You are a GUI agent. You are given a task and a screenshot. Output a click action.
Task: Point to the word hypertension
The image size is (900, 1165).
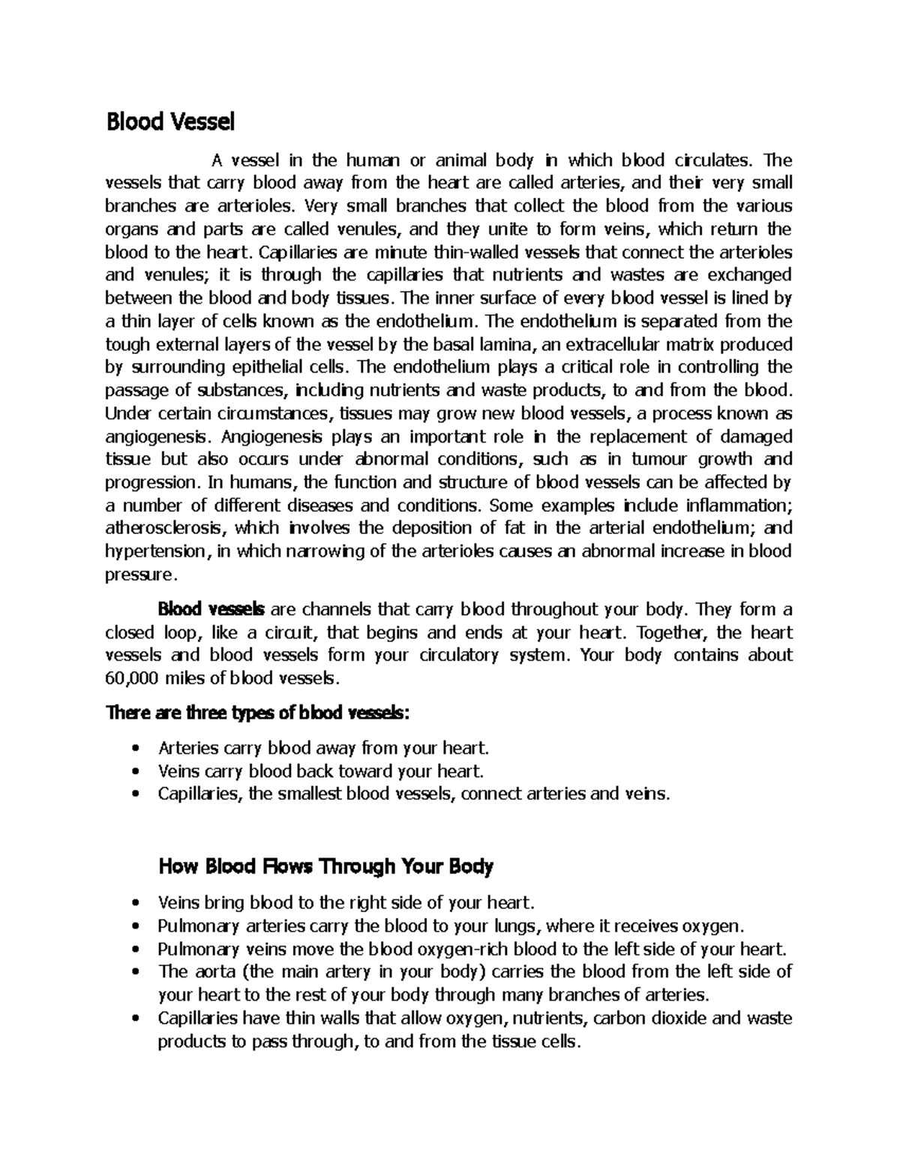(154, 551)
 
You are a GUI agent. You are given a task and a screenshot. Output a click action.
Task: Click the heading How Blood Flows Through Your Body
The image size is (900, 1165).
(326, 867)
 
